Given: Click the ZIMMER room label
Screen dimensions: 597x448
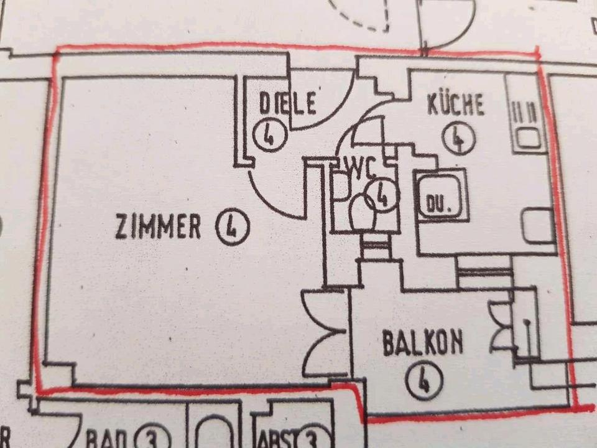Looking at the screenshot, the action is (x=158, y=227).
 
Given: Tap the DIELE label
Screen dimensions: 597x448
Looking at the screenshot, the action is (x=288, y=103).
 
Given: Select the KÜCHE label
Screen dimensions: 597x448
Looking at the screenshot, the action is (x=455, y=105).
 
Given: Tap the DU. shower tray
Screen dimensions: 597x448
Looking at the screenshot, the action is (x=442, y=195).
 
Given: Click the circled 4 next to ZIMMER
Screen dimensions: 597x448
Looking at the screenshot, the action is (x=232, y=227).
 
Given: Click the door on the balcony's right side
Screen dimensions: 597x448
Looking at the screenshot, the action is (x=509, y=327).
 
